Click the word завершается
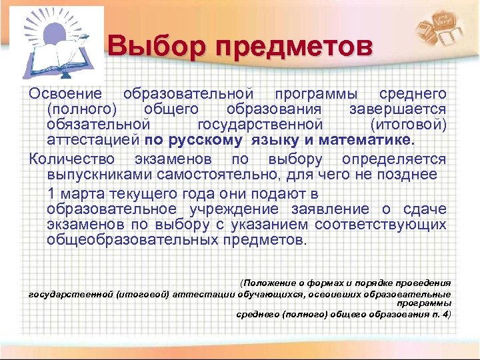[x=397, y=109]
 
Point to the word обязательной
[x=95, y=125]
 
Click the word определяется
[x=393, y=160]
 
